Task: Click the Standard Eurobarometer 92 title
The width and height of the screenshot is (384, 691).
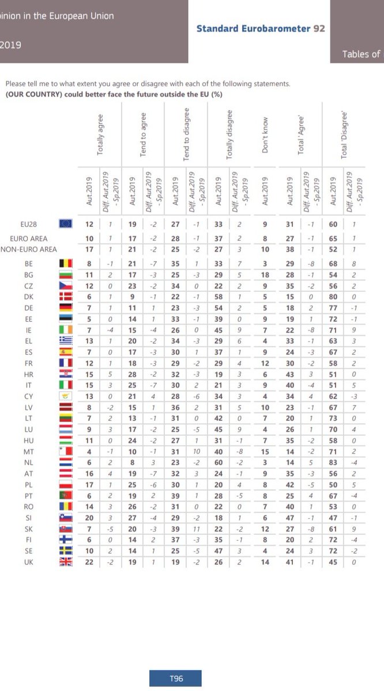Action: (x=261, y=28)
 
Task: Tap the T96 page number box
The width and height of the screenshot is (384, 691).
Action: (x=176, y=679)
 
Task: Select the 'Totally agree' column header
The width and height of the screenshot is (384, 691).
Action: (x=101, y=134)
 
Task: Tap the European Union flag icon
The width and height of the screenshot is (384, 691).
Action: (x=65, y=224)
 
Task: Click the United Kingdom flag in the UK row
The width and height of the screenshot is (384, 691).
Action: (x=65, y=562)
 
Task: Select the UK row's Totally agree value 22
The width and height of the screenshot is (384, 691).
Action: (x=89, y=562)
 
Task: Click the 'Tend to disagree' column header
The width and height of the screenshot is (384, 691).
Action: (x=186, y=134)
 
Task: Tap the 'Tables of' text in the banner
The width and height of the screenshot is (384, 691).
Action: (x=361, y=54)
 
